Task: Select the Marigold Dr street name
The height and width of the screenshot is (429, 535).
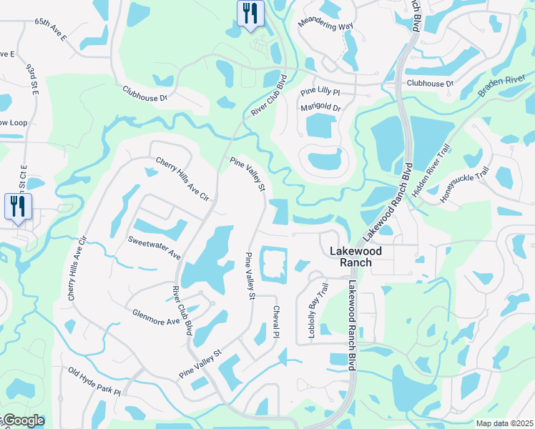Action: (320, 108)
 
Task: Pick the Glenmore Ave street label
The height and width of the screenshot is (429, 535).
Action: (156, 317)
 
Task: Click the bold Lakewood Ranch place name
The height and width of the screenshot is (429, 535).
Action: (350, 257)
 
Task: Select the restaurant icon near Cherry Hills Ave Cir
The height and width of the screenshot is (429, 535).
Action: (16, 207)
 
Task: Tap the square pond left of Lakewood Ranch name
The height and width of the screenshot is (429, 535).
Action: (273, 265)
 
